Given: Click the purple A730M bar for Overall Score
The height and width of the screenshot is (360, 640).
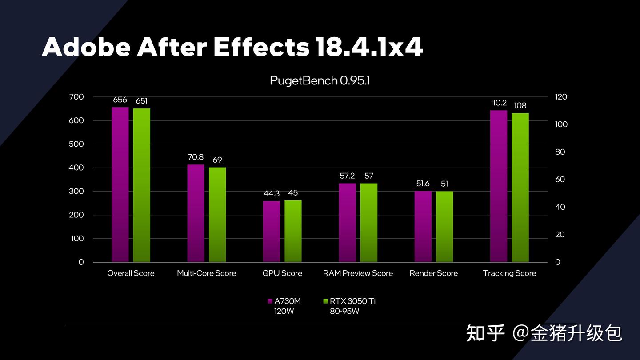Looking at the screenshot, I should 120,184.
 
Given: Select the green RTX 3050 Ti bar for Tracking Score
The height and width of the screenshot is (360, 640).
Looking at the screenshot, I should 520,187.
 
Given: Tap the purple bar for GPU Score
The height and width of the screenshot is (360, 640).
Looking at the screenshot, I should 272,231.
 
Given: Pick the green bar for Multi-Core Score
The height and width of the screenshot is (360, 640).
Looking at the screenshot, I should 217,214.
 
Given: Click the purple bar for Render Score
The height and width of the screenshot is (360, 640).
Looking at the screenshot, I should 423,226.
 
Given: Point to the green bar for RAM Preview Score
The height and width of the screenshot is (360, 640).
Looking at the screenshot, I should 368,222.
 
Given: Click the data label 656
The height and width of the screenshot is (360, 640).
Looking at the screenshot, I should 120,100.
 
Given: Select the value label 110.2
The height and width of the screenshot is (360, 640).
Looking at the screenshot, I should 499,103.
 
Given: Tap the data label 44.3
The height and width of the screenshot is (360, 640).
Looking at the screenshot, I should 272,193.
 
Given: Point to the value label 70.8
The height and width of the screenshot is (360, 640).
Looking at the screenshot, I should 196,157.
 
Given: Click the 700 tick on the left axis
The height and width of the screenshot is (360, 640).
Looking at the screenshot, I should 77,97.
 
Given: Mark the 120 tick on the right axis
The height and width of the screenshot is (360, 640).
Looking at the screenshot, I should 561,97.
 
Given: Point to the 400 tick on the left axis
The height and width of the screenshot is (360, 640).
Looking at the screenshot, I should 77,168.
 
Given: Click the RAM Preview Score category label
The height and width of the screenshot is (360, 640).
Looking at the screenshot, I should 358,273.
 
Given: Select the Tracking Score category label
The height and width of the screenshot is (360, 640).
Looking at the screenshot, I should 509,273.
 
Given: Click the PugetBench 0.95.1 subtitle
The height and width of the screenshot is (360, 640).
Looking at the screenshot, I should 320,81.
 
